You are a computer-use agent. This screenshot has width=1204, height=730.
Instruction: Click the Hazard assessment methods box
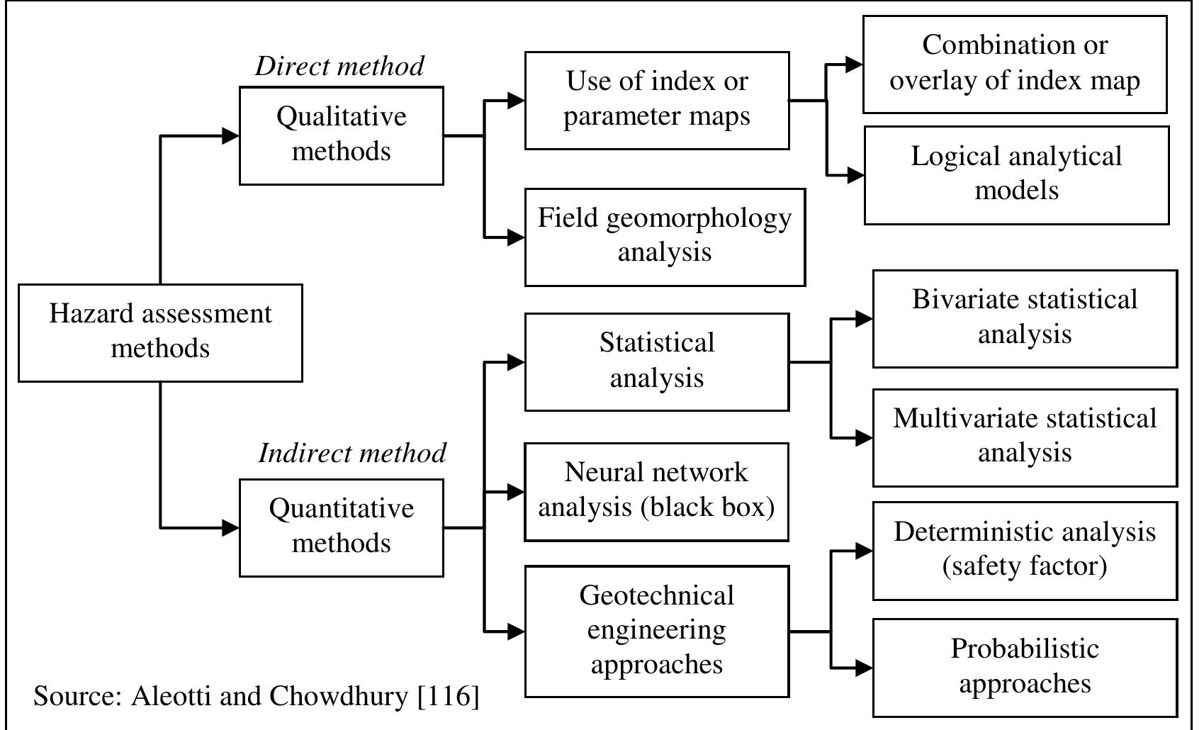click(x=160, y=332)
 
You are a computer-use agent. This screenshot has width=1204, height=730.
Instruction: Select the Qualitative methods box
click(x=341, y=135)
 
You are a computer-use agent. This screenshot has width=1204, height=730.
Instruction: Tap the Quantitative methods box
click(x=341, y=527)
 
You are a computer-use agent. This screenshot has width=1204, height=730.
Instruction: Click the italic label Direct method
click(x=339, y=66)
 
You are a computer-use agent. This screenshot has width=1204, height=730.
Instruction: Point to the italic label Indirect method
click(x=352, y=453)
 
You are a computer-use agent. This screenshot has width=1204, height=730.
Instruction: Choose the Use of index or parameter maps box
click(x=656, y=100)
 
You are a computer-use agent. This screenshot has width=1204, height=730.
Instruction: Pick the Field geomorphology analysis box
click(x=664, y=237)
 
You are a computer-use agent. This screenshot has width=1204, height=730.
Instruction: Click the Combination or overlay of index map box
click(x=1014, y=64)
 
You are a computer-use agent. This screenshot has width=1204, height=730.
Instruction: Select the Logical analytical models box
click(x=1016, y=175)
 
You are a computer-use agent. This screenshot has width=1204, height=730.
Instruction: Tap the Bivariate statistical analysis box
click(x=1024, y=318)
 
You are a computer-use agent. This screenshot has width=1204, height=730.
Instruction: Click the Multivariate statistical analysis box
click(x=1024, y=437)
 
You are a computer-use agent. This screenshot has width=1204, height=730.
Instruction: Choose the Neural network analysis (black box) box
click(x=656, y=492)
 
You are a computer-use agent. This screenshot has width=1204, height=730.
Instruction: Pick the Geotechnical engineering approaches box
click(x=656, y=631)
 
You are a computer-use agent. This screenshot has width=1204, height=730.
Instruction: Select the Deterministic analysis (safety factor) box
click(x=1024, y=551)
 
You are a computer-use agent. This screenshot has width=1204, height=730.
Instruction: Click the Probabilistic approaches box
click(x=1024, y=667)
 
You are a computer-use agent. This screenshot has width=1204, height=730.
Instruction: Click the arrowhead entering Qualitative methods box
click(x=231, y=135)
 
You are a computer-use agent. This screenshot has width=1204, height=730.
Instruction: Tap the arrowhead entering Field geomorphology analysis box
click(x=517, y=237)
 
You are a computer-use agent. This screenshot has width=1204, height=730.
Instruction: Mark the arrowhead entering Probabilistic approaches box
click(x=864, y=667)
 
